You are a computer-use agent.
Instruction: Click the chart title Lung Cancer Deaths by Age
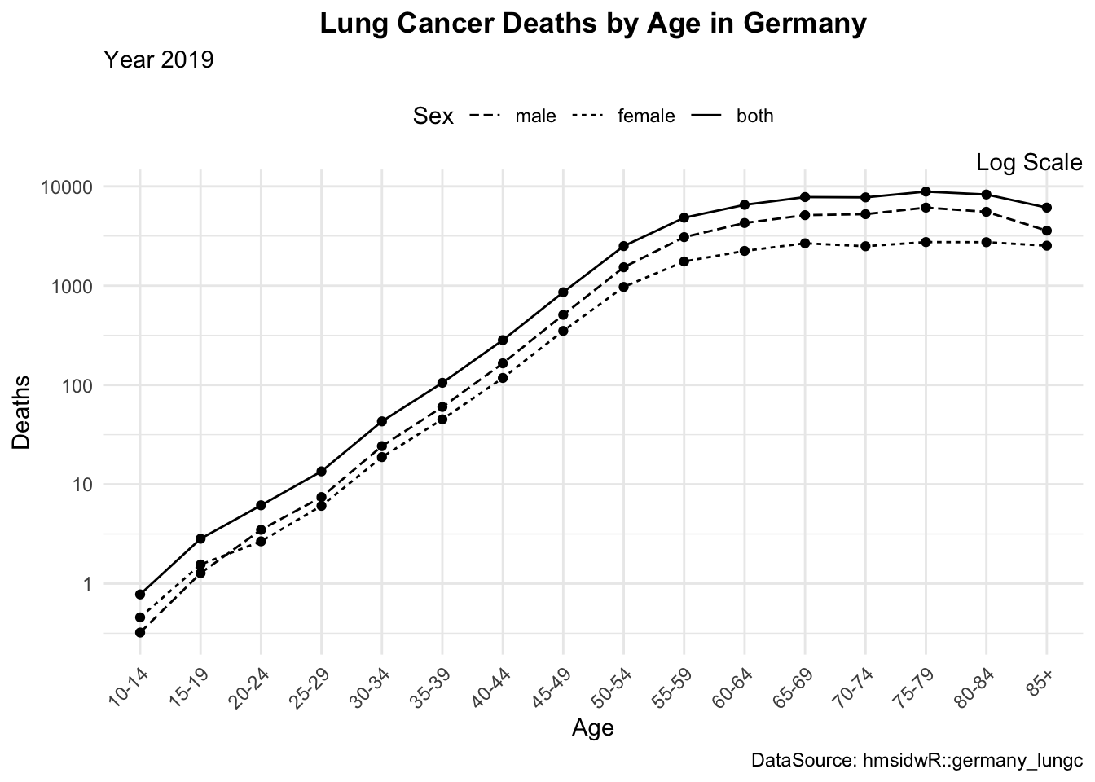(x=592, y=24)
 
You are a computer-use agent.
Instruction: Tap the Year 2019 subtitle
(x=159, y=59)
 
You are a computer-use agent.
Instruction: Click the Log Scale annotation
(x=1028, y=163)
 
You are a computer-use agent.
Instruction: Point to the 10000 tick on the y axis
(x=67, y=187)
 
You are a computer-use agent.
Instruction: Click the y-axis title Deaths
(x=22, y=412)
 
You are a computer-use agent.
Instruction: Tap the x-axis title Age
(x=592, y=727)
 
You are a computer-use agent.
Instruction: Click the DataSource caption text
(x=917, y=762)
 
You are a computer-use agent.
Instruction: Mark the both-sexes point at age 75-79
(x=926, y=192)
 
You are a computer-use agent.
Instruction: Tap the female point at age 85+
(x=1046, y=245)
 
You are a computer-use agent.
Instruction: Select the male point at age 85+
(x=1046, y=231)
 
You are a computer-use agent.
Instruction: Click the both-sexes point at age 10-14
(x=140, y=594)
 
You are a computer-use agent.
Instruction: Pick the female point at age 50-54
(x=623, y=287)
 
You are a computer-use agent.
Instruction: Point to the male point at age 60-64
(x=744, y=223)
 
